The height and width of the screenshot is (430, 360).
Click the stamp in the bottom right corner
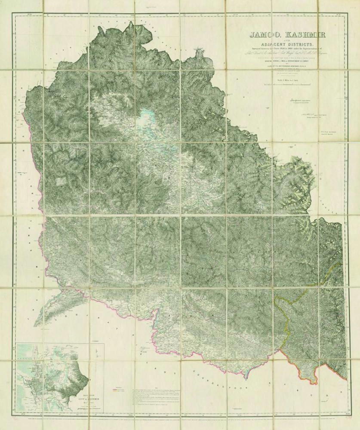tap(354, 418)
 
